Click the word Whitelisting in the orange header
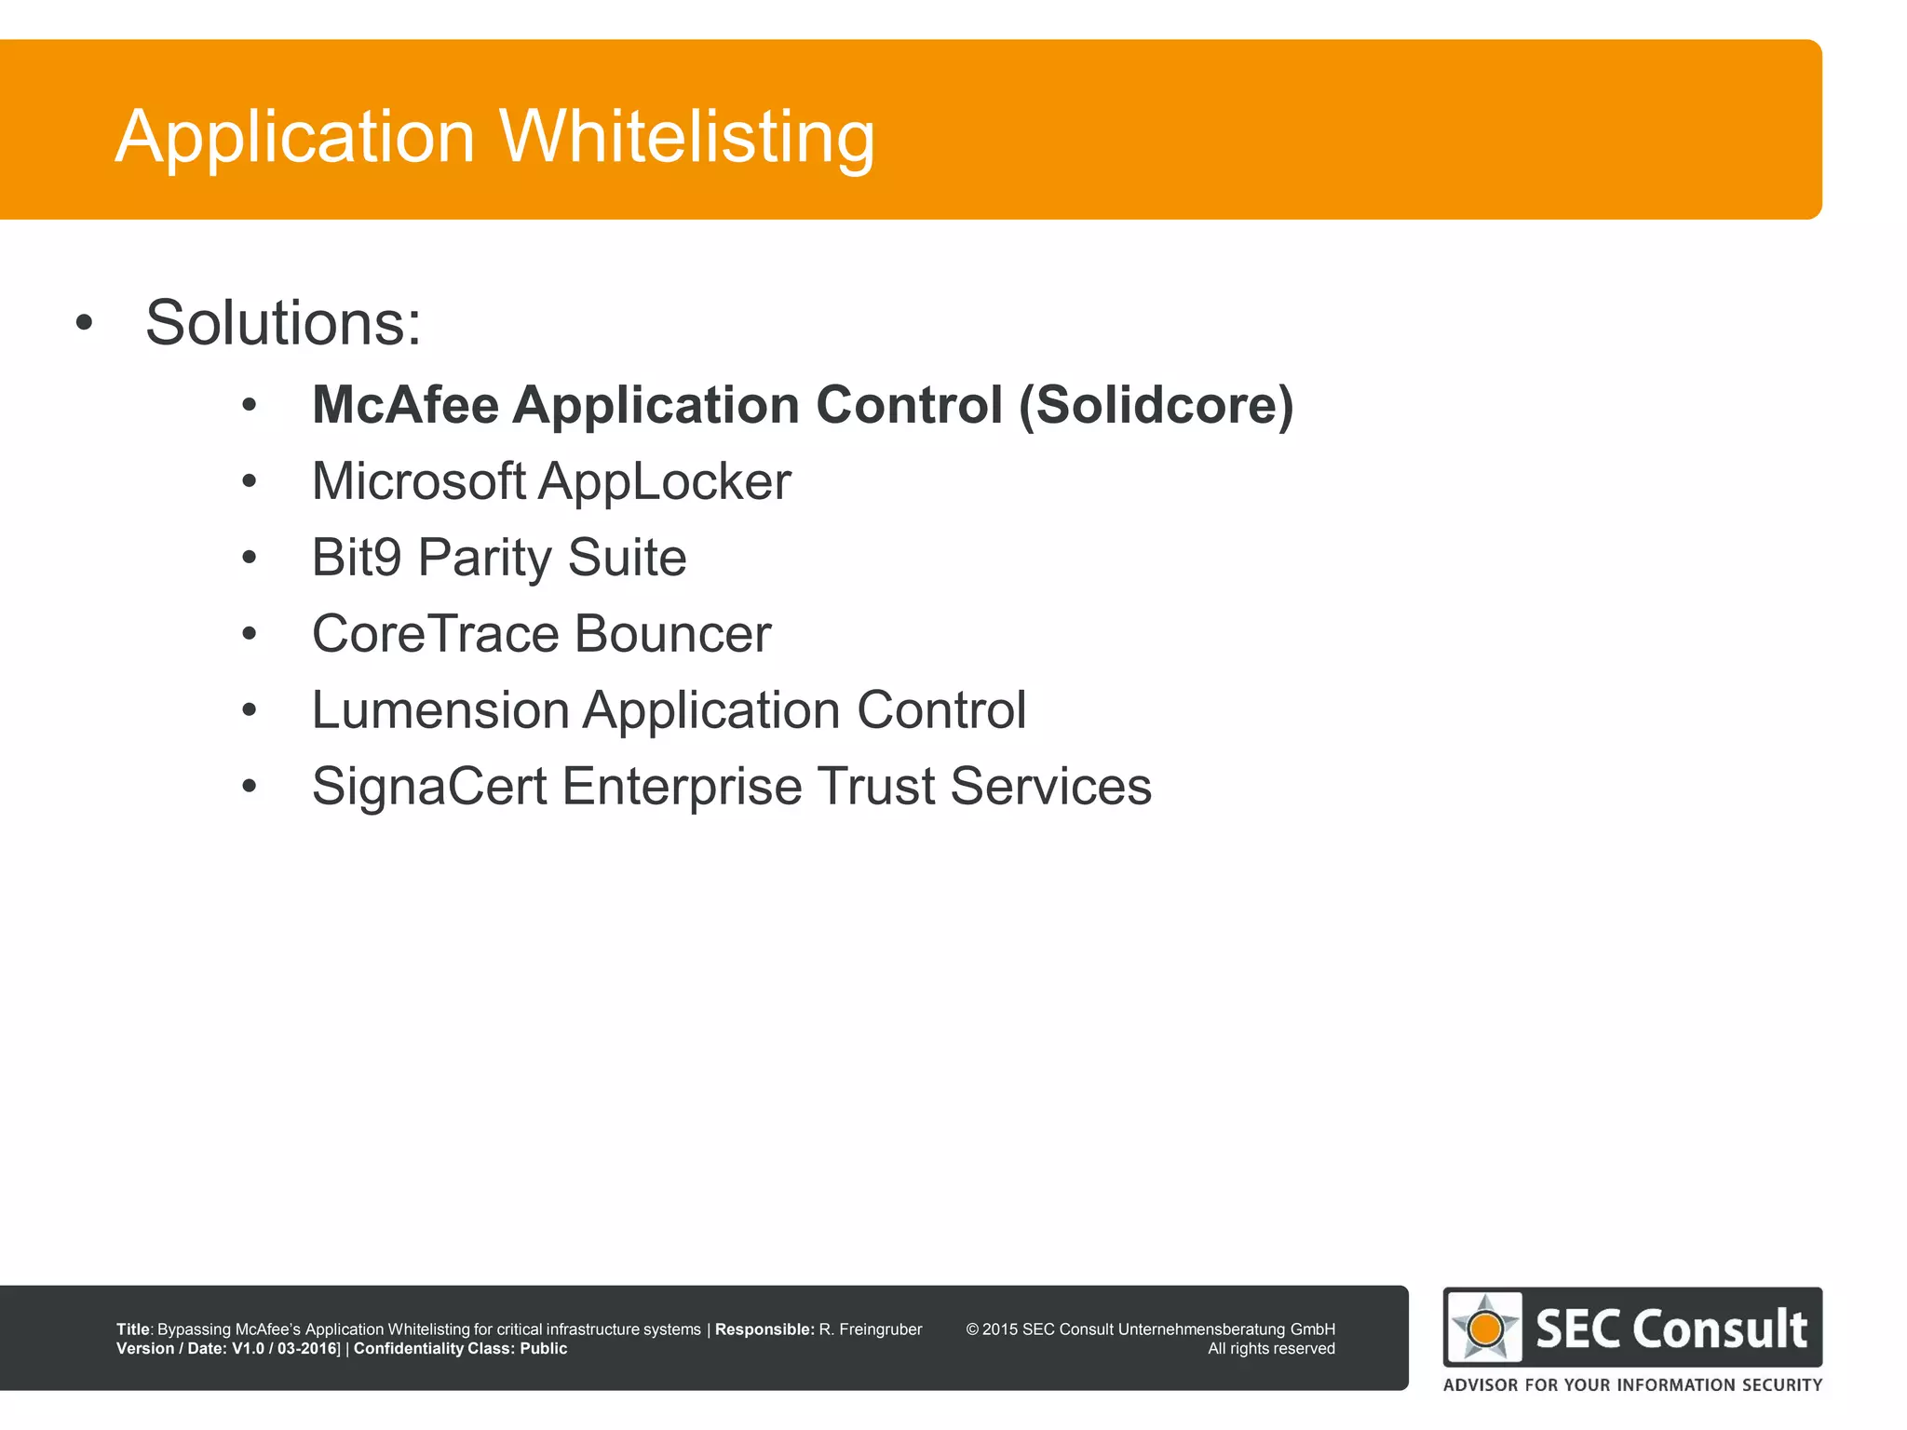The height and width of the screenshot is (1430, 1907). [x=687, y=137]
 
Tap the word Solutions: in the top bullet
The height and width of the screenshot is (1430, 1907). [x=283, y=323]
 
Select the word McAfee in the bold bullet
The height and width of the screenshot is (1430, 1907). [x=405, y=405]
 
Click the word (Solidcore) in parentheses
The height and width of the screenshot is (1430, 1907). [x=1156, y=405]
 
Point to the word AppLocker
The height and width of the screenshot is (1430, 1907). [x=664, y=481]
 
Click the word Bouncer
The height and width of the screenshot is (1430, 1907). [x=672, y=634]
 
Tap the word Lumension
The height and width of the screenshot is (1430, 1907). [x=440, y=710]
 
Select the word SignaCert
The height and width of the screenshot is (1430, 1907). [x=429, y=787]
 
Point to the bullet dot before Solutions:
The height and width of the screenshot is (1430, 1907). [x=85, y=324]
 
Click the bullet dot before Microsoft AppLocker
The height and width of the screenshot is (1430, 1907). [x=249, y=482]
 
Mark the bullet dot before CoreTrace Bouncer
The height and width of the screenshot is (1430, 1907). [x=249, y=635]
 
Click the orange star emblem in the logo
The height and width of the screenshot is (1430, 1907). [x=1485, y=1328]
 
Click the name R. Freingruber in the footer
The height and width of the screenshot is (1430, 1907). [x=870, y=1329]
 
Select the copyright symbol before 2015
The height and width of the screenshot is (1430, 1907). [x=972, y=1329]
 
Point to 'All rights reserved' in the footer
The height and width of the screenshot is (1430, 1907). [x=1271, y=1349]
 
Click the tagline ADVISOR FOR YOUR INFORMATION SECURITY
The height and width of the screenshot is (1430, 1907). [x=1632, y=1385]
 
